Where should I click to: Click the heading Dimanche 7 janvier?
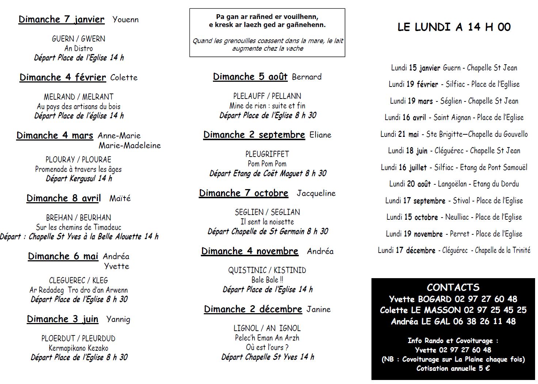61,19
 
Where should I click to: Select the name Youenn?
125,20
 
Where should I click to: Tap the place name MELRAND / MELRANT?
79,97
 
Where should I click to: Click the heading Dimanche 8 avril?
64,198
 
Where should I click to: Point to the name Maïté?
120,199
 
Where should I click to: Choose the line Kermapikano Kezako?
79,348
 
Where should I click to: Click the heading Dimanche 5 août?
250,77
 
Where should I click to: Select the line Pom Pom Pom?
267,164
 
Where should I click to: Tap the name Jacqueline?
316,193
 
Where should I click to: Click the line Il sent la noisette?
267,222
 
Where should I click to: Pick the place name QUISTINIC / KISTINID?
267,270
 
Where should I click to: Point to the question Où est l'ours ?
267,347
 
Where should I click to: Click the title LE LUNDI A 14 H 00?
454,27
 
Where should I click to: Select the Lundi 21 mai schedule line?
454,134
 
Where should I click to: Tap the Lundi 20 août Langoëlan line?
454,184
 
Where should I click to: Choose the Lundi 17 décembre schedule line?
454,250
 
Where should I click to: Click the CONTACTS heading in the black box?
453,287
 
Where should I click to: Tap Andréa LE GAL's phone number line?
453,321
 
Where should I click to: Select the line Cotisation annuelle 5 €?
453,368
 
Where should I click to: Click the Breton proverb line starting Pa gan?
267,17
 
